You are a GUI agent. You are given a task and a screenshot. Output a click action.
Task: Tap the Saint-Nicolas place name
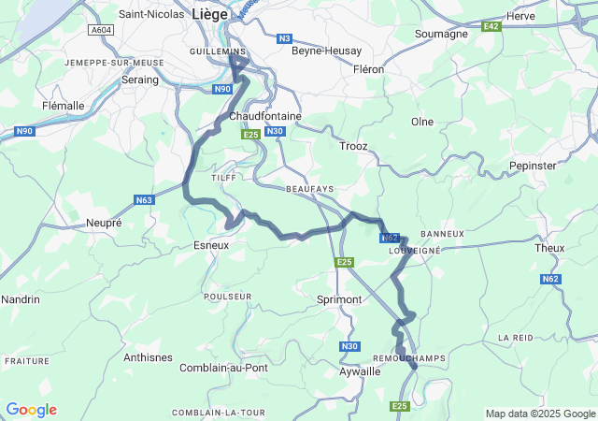click(151, 14)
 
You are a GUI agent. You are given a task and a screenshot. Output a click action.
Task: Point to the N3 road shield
click(285, 38)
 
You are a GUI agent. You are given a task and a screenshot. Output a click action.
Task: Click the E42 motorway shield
click(491, 27)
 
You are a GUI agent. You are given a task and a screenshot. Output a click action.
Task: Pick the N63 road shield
click(144, 199)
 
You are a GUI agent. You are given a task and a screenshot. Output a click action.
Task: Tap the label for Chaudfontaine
click(265, 116)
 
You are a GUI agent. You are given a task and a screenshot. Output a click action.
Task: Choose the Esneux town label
click(210, 245)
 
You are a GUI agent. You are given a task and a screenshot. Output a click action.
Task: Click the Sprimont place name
click(339, 299)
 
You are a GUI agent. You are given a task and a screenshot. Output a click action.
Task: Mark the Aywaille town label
click(358, 371)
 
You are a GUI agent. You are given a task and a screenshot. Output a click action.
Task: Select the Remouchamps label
click(409, 358)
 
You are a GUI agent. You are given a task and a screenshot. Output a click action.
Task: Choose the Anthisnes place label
click(148, 357)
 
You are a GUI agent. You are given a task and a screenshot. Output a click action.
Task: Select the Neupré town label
click(104, 224)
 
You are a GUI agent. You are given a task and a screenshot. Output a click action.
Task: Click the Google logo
click(31, 410)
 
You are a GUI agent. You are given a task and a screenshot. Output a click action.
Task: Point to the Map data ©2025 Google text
click(540, 414)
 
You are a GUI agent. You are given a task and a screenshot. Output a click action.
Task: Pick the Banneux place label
click(442, 233)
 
